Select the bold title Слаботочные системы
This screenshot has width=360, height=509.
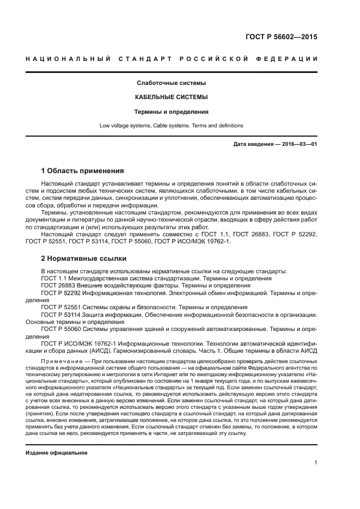171,83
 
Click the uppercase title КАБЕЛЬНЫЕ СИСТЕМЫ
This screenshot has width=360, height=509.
171,97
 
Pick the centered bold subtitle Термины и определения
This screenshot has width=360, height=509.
171,112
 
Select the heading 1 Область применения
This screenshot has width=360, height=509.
83,170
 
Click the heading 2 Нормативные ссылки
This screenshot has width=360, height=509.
83,258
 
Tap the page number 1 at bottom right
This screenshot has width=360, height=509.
316,463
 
